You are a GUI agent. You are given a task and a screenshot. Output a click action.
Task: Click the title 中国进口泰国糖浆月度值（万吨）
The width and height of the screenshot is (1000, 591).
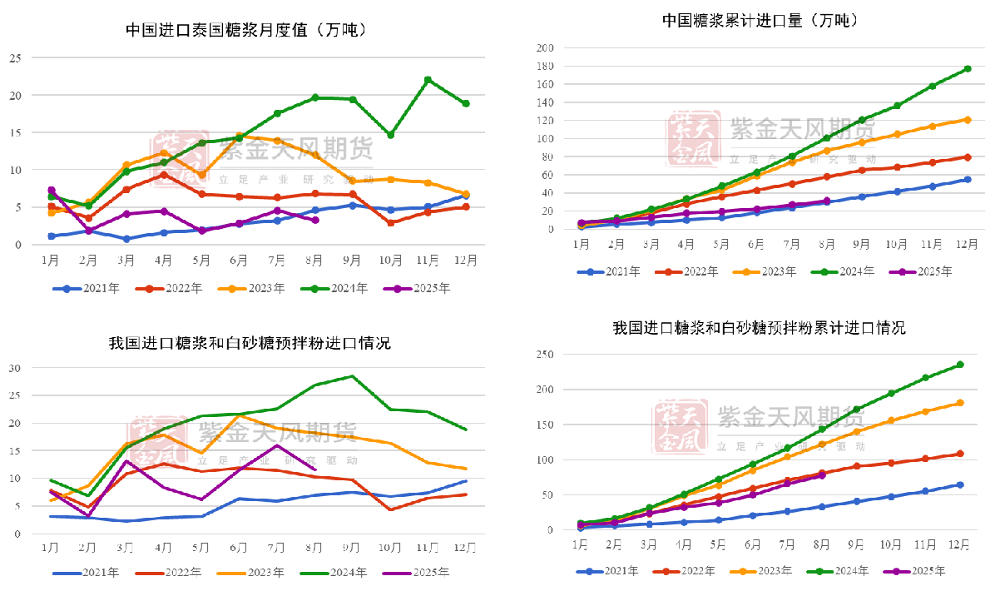click(246, 30)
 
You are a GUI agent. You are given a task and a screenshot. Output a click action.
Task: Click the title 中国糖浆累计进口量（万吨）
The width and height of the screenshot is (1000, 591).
click(760, 20)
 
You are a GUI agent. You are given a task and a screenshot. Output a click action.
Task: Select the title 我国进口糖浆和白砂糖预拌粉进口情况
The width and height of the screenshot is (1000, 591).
click(250, 343)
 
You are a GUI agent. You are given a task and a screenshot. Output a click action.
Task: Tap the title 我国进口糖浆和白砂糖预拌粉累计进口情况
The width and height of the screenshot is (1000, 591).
click(759, 328)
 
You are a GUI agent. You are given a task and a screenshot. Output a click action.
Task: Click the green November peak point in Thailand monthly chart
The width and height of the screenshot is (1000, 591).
click(428, 80)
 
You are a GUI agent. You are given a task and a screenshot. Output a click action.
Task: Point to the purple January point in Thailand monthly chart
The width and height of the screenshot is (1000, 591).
click(52, 191)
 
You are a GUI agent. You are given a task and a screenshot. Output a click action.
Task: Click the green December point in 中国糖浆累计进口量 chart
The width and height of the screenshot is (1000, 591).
click(968, 68)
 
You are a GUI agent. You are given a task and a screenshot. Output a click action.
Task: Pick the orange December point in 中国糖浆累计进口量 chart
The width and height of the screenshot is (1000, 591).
click(968, 119)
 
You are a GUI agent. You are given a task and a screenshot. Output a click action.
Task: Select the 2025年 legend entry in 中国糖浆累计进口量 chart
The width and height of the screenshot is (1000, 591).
click(922, 271)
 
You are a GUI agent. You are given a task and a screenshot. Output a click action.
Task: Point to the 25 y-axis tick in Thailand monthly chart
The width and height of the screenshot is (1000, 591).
click(14, 58)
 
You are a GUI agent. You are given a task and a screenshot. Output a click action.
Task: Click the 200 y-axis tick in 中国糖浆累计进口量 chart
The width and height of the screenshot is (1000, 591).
click(546, 47)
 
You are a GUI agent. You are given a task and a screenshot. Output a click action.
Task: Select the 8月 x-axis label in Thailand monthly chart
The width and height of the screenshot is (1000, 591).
click(315, 260)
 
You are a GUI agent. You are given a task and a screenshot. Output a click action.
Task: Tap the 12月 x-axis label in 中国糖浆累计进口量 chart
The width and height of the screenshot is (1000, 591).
click(968, 244)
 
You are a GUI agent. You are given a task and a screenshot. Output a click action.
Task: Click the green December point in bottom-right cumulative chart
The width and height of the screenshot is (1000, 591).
click(960, 365)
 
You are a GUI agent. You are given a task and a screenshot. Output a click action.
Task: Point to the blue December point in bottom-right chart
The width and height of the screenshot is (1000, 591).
click(960, 484)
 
